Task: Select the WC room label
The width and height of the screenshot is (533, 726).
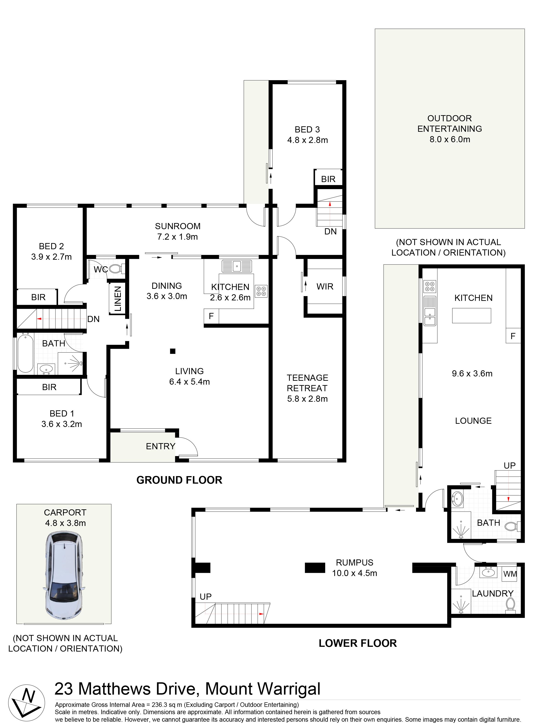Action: pos(101,269)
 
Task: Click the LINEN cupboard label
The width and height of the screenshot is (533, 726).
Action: pos(118,298)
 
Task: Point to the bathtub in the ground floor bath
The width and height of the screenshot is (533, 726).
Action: pos(25,354)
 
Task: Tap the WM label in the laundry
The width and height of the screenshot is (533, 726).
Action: pos(510,574)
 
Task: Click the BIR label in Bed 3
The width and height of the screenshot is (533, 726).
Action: pos(328,179)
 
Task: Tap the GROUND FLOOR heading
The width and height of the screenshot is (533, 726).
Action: pos(179,480)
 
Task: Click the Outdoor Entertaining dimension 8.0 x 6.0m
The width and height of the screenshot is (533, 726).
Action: pos(449,139)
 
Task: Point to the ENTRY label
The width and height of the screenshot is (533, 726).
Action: pos(160,446)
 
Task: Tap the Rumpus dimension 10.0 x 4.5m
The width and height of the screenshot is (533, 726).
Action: pos(354,573)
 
